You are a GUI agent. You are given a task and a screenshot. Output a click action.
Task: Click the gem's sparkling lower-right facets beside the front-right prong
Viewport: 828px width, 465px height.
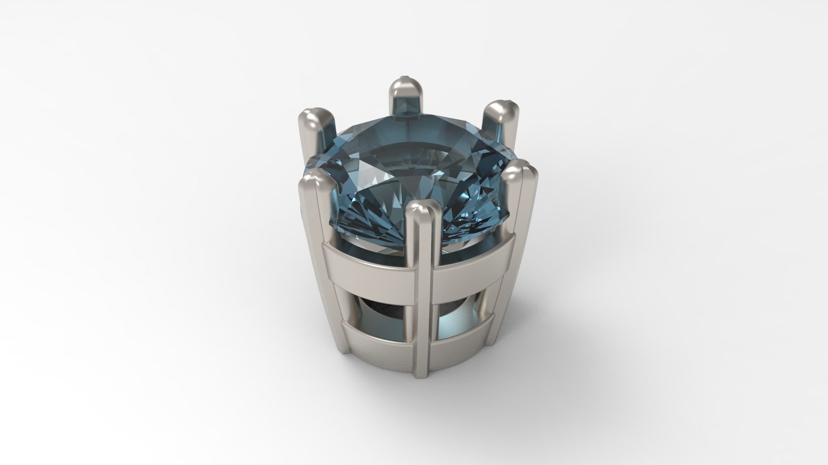[x=474, y=215]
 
